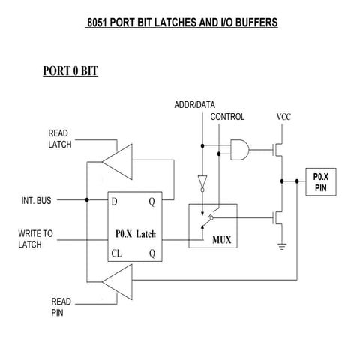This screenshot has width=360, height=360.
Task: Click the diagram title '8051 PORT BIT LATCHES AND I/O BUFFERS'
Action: [182, 22]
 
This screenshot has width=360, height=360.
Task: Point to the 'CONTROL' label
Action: [227, 118]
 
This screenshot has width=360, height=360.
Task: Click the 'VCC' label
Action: [283, 118]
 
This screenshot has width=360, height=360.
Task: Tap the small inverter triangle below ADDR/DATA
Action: [202, 181]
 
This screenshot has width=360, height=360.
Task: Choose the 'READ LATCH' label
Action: [60, 139]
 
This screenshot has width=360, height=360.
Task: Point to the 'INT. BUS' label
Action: [35, 201]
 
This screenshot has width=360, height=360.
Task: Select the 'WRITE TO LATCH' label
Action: [36, 239]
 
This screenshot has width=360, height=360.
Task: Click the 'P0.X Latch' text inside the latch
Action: [137, 233]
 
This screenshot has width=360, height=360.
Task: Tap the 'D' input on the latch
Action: [115, 201]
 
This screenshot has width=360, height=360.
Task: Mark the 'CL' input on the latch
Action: [117, 253]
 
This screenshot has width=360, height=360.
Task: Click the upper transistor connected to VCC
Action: [279, 150]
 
